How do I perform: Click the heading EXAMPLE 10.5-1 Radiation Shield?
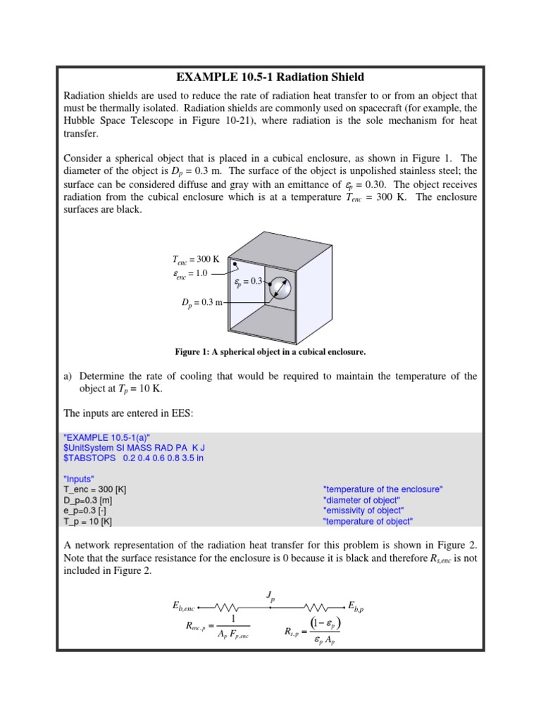[270, 77]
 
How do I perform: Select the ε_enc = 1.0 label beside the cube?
[191, 273]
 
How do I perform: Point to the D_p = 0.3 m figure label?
[202, 303]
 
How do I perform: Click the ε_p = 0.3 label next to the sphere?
[247, 282]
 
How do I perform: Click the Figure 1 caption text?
[270, 351]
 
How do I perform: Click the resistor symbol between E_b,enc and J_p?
[230, 606]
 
